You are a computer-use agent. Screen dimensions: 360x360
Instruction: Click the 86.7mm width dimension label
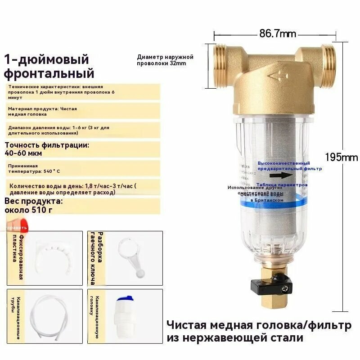coord(278,33)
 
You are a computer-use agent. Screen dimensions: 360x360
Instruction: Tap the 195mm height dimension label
coord(341,157)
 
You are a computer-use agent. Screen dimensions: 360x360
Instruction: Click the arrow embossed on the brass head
coord(278,76)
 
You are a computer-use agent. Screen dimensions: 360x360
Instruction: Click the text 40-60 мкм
coord(29,153)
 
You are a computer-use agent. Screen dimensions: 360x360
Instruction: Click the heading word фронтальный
coord(49,73)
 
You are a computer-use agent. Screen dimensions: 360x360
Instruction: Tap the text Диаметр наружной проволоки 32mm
coord(165,60)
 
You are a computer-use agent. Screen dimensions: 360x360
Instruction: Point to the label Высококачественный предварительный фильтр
coord(290,166)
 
